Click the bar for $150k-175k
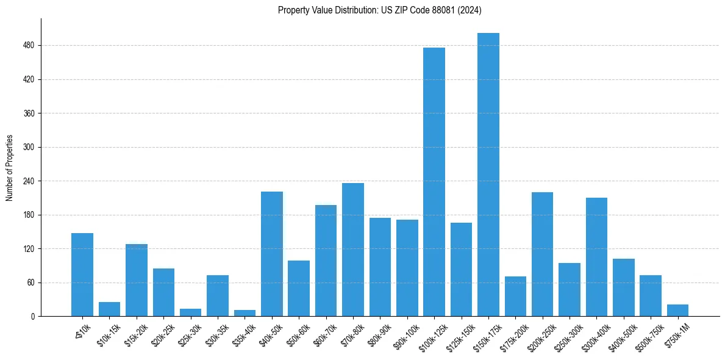click(x=488, y=175)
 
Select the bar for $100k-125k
click(x=434, y=182)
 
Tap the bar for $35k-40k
click(x=245, y=313)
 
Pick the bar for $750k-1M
click(x=677, y=310)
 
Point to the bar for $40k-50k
click(x=272, y=254)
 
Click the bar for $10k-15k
click(x=109, y=309)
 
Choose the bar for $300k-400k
click(x=596, y=257)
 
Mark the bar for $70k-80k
click(x=353, y=250)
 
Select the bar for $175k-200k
click(x=515, y=296)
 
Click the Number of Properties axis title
click(x=9, y=167)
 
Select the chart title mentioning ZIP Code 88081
click(x=380, y=10)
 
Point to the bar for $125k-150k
click(x=461, y=270)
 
